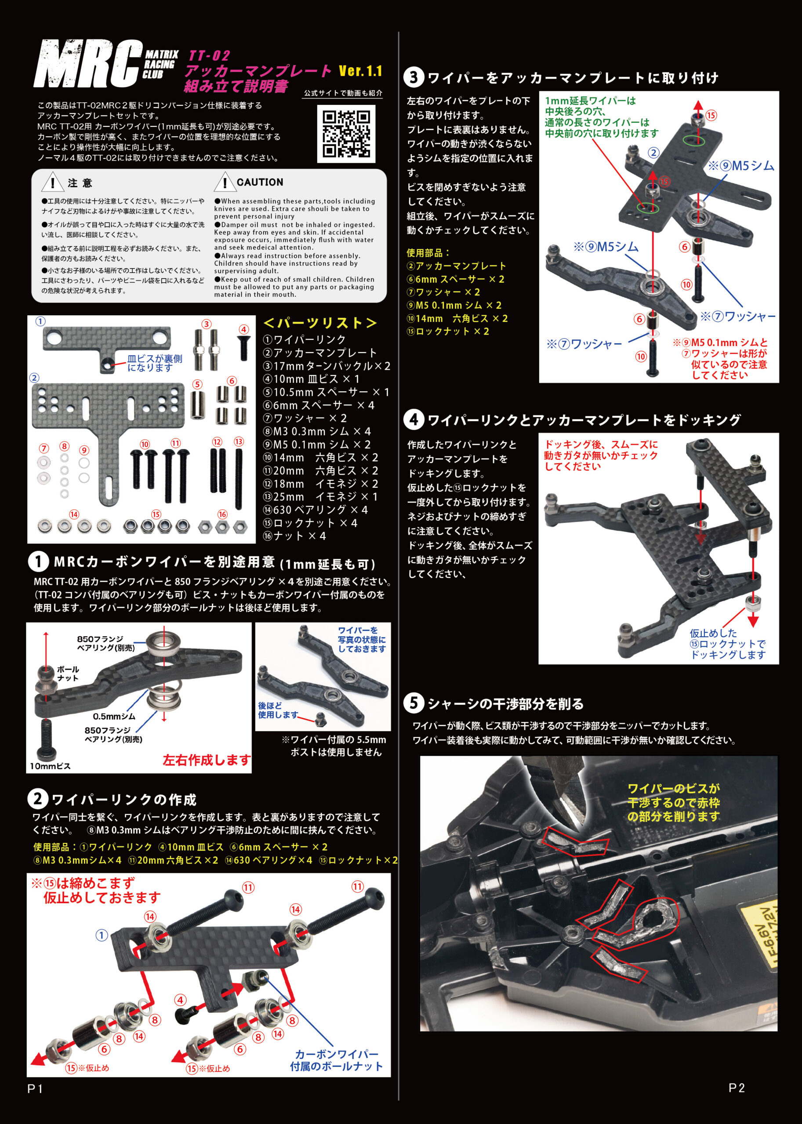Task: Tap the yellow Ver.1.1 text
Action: coord(360,71)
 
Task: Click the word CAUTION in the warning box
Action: coord(260,182)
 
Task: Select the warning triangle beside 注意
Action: coord(52,183)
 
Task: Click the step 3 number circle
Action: coord(414,77)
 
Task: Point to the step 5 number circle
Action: coord(414,702)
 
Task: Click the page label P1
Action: coord(36,1088)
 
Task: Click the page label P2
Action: coord(737,1088)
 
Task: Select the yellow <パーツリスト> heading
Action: coord(320,323)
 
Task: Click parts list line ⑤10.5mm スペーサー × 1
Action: coord(326,392)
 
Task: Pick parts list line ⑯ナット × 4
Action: coord(294,536)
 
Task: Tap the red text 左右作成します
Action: coord(207,760)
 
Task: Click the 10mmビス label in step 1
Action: coord(51,766)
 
